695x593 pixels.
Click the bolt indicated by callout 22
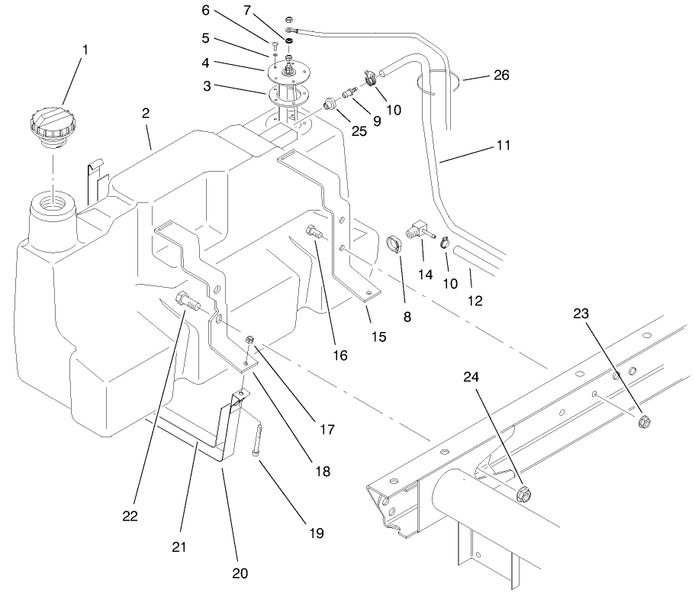(188, 301)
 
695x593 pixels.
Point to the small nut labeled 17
(249, 339)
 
